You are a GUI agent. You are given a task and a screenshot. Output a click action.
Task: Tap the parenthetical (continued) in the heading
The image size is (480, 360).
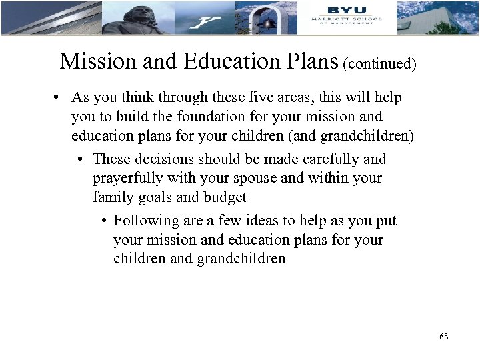(379, 64)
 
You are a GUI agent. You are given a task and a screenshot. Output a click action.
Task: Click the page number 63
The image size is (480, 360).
(444, 337)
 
